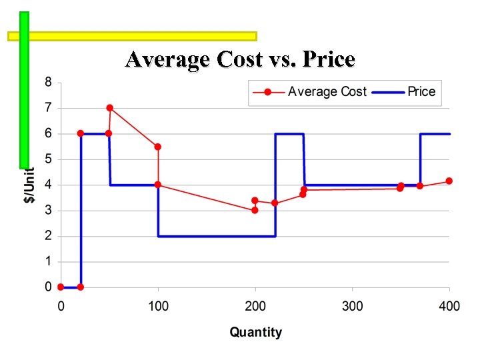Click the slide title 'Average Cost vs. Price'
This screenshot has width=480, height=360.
click(240, 60)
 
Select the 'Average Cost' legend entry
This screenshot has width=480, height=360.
click(327, 92)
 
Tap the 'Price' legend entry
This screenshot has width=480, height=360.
click(421, 92)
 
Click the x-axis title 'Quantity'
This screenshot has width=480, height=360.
click(255, 332)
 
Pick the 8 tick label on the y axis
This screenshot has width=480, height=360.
click(48, 83)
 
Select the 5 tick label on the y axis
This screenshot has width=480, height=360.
click(48, 159)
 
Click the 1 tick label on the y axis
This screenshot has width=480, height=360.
click(48, 261)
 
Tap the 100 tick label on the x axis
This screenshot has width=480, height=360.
click(158, 307)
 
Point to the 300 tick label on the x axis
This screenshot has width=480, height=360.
click(353, 307)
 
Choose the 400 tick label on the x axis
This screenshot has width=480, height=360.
click(449, 307)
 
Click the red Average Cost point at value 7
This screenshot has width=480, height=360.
click(109, 108)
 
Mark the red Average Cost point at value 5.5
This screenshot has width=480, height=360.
click(158, 147)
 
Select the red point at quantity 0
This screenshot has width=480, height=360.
click(61, 287)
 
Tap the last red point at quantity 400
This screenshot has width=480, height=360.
click(449, 181)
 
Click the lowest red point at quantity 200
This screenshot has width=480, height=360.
click(255, 210)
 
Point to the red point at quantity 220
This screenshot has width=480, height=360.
click(275, 203)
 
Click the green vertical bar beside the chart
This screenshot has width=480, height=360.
click(25, 90)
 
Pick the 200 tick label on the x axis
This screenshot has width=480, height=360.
click(255, 307)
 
